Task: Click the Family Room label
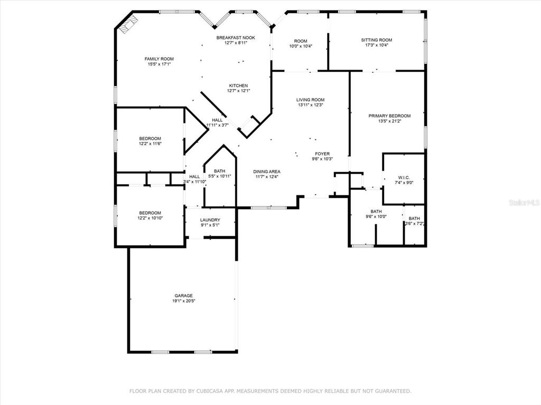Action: (x=159, y=59)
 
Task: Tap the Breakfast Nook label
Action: (x=236, y=37)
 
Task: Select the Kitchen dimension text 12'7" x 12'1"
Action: (x=238, y=91)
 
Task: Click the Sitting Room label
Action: (x=376, y=40)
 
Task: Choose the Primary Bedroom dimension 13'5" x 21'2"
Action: (x=389, y=121)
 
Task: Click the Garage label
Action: (x=183, y=295)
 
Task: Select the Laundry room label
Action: (x=210, y=220)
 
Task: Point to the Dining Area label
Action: (x=267, y=171)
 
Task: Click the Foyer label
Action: (x=322, y=153)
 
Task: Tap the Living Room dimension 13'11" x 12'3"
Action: (x=311, y=105)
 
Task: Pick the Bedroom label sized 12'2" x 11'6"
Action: (x=150, y=139)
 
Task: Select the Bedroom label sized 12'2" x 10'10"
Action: (x=150, y=213)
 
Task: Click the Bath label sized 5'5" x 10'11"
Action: (x=219, y=171)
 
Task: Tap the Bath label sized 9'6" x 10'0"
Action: (x=376, y=211)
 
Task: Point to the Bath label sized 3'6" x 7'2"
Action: (x=414, y=218)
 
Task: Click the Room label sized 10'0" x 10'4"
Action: (x=301, y=41)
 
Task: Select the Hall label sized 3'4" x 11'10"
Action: (x=194, y=177)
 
